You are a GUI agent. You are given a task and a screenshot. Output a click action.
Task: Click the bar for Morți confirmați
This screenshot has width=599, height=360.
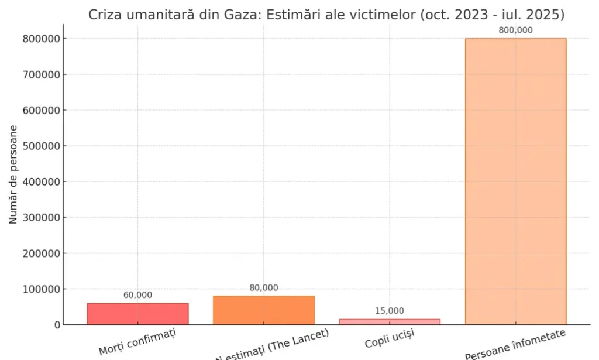(x=137, y=314)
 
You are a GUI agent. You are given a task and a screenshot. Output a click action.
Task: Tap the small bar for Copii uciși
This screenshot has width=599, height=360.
(x=390, y=321)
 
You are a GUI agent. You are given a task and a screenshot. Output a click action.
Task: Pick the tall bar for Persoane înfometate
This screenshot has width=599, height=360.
(x=515, y=181)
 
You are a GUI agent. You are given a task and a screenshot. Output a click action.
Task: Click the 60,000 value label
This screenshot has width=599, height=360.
(x=137, y=295)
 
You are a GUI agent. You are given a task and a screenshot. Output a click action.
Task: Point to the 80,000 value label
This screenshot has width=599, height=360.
(x=264, y=288)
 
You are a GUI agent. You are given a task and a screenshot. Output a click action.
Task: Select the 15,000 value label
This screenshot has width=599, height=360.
(x=390, y=311)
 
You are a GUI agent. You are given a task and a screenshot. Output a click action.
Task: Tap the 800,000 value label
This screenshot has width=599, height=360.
(x=515, y=30)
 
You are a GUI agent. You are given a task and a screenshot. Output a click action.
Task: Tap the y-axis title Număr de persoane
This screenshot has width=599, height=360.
(x=13, y=174)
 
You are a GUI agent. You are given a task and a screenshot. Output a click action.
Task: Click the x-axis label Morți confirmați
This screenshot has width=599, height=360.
(x=138, y=341)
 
